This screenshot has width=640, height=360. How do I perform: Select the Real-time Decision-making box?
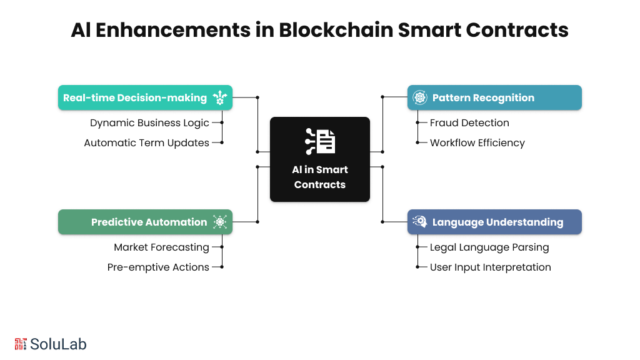[x=145, y=97]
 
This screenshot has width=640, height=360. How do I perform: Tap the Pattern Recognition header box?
[x=494, y=97]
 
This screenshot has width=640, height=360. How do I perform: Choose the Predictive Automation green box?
[x=145, y=222]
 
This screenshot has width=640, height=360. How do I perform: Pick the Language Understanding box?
[x=494, y=222]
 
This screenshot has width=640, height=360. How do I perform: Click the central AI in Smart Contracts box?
[x=320, y=159]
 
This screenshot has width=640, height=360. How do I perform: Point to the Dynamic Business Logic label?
[x=149, y=122]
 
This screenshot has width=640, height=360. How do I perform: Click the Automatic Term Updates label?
[x=146, y=142]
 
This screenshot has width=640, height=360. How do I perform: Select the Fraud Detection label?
[x=469, y=122]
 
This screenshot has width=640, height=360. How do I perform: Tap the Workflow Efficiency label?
[x=477, y=142]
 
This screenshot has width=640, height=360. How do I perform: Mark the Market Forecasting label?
[x=161, y=247]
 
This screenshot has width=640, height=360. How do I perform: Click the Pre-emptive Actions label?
[x=158, y=267]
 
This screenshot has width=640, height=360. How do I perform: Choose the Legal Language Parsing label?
[x=489, y=247]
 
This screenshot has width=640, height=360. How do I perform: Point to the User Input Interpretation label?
[x=490, y=267]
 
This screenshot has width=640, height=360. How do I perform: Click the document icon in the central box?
[x=320, y=141]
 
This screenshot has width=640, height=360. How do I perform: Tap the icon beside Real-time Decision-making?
[x=220, y=97]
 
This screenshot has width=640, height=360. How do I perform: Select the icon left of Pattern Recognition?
[x=420, y=97]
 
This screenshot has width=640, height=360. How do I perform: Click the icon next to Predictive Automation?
[x=220, y=222]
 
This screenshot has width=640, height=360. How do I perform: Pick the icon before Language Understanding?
[x=420, y=222]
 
